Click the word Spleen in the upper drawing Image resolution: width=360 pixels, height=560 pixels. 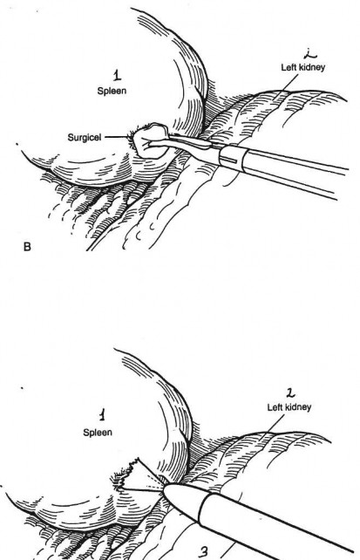pyautogui.click(x=112, y=91)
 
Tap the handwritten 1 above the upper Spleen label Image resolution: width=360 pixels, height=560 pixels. pyautogui.click(x=117, y=75)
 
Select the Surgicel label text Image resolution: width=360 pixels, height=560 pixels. pyautogui.click(x=85, y=138)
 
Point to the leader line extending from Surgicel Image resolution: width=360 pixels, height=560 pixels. pyautogui.click(x=117, y=137)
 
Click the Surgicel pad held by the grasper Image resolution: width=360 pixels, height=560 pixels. pyautogui.click(x=150, y=142)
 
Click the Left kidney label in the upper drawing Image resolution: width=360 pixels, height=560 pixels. pyautogui.click(x=303, y=67)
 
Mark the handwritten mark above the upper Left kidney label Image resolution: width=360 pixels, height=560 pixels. pyautogui.click(x=309, y=54)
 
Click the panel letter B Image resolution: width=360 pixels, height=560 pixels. pyautogui.click(x=27, y=247)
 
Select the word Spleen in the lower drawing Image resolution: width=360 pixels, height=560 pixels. pyautogui.click(x=98, y=432)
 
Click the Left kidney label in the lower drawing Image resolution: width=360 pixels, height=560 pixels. pyautogui.click(x=289, y=407)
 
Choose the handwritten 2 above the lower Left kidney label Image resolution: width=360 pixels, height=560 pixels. pyautogui.click(x=290, y=393)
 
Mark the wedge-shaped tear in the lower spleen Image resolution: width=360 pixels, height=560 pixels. pyautogui.click(x=138, y=476)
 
